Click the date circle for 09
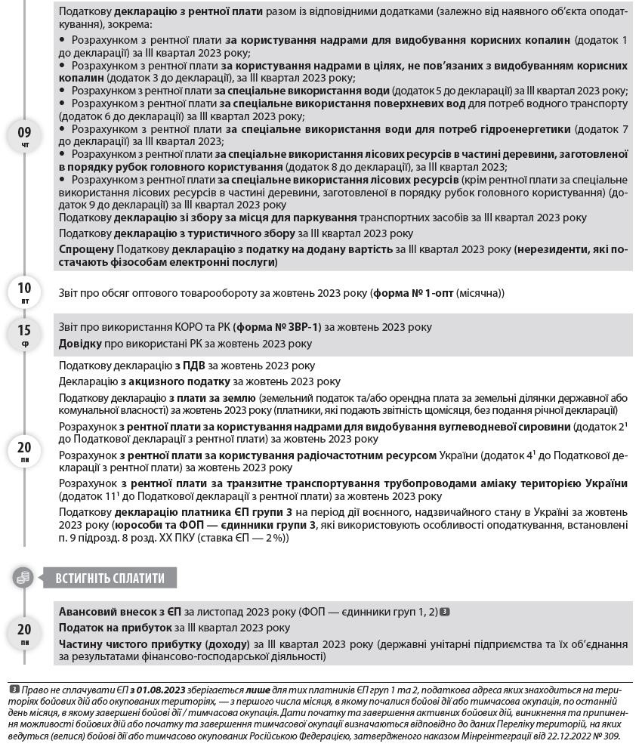pyautogui.click(x=24, y=137)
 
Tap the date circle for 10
pyautogui.click(x=24, y=291)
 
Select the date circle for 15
pyautogui.click(x=24, y=334)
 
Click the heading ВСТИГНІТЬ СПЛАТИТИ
pyautogui.click(x=110, y=579)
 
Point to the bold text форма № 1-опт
pyautogui.click(x=415, y=293)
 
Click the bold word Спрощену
pyautogui.click(x=86, y=248)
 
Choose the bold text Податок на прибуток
pyautogui.click(x=116, y=628)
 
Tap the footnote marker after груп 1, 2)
pyautogui.click(x=445, y=612)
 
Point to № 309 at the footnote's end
pyautogui.click(x=609, y=735)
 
